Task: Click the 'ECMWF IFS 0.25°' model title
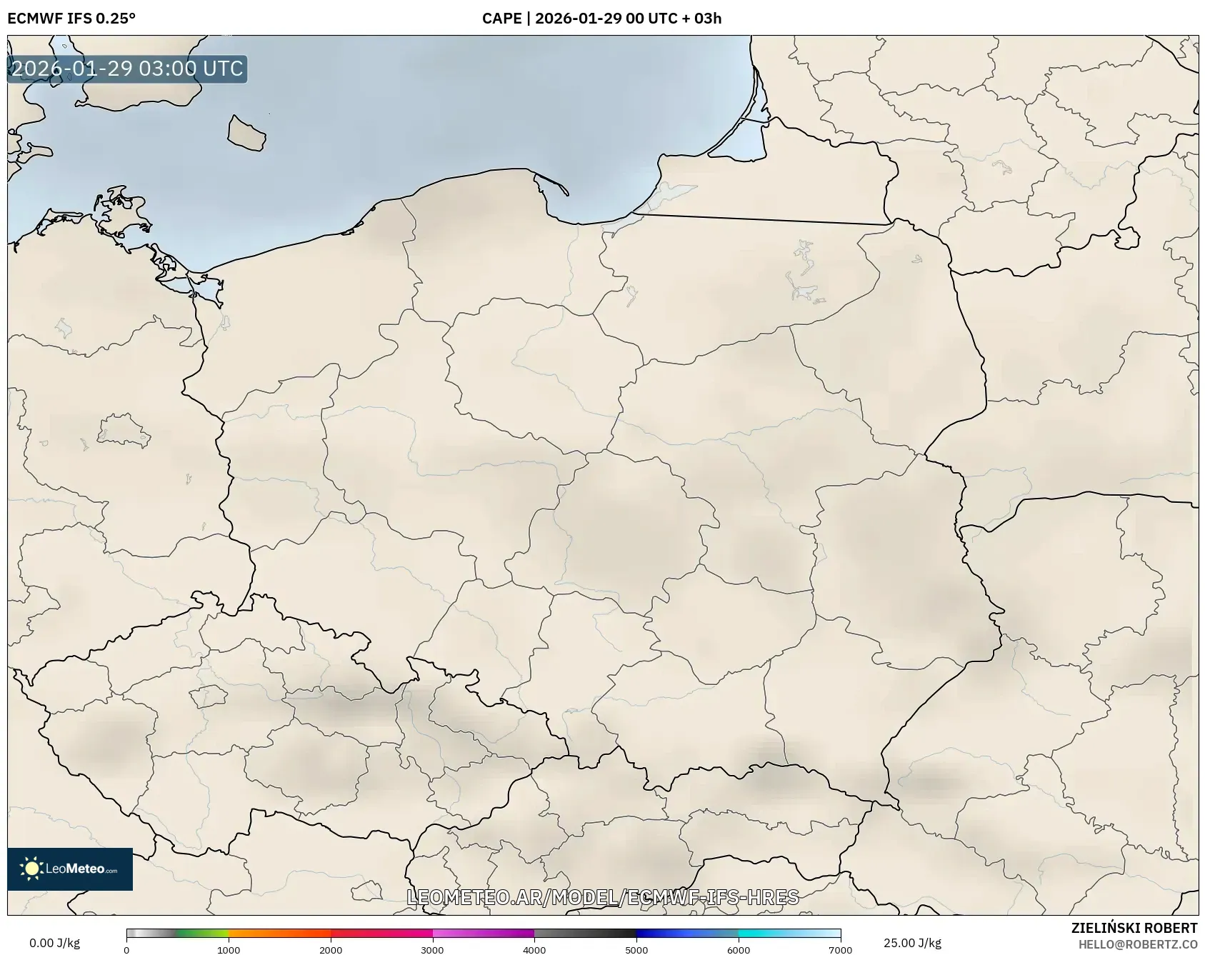71,18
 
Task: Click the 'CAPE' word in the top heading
501,18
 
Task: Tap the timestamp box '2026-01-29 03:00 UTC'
127,69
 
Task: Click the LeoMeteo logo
70,869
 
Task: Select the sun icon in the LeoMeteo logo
31,869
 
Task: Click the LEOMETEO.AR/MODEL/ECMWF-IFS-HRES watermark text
602,897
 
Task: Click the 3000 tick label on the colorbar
432,950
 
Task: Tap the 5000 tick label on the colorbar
636,950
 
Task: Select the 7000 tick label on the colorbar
840,950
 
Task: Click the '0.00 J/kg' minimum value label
55,943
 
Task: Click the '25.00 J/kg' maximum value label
912,943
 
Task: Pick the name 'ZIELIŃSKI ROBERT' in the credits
1134,928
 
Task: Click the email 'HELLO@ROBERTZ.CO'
1138,944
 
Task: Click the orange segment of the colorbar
279,933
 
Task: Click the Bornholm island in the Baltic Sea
246,134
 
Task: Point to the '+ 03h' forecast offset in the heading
701,18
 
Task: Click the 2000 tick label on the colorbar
331,950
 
